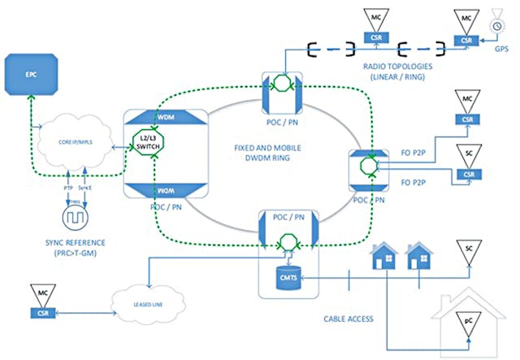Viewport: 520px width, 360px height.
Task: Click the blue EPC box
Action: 32,76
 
